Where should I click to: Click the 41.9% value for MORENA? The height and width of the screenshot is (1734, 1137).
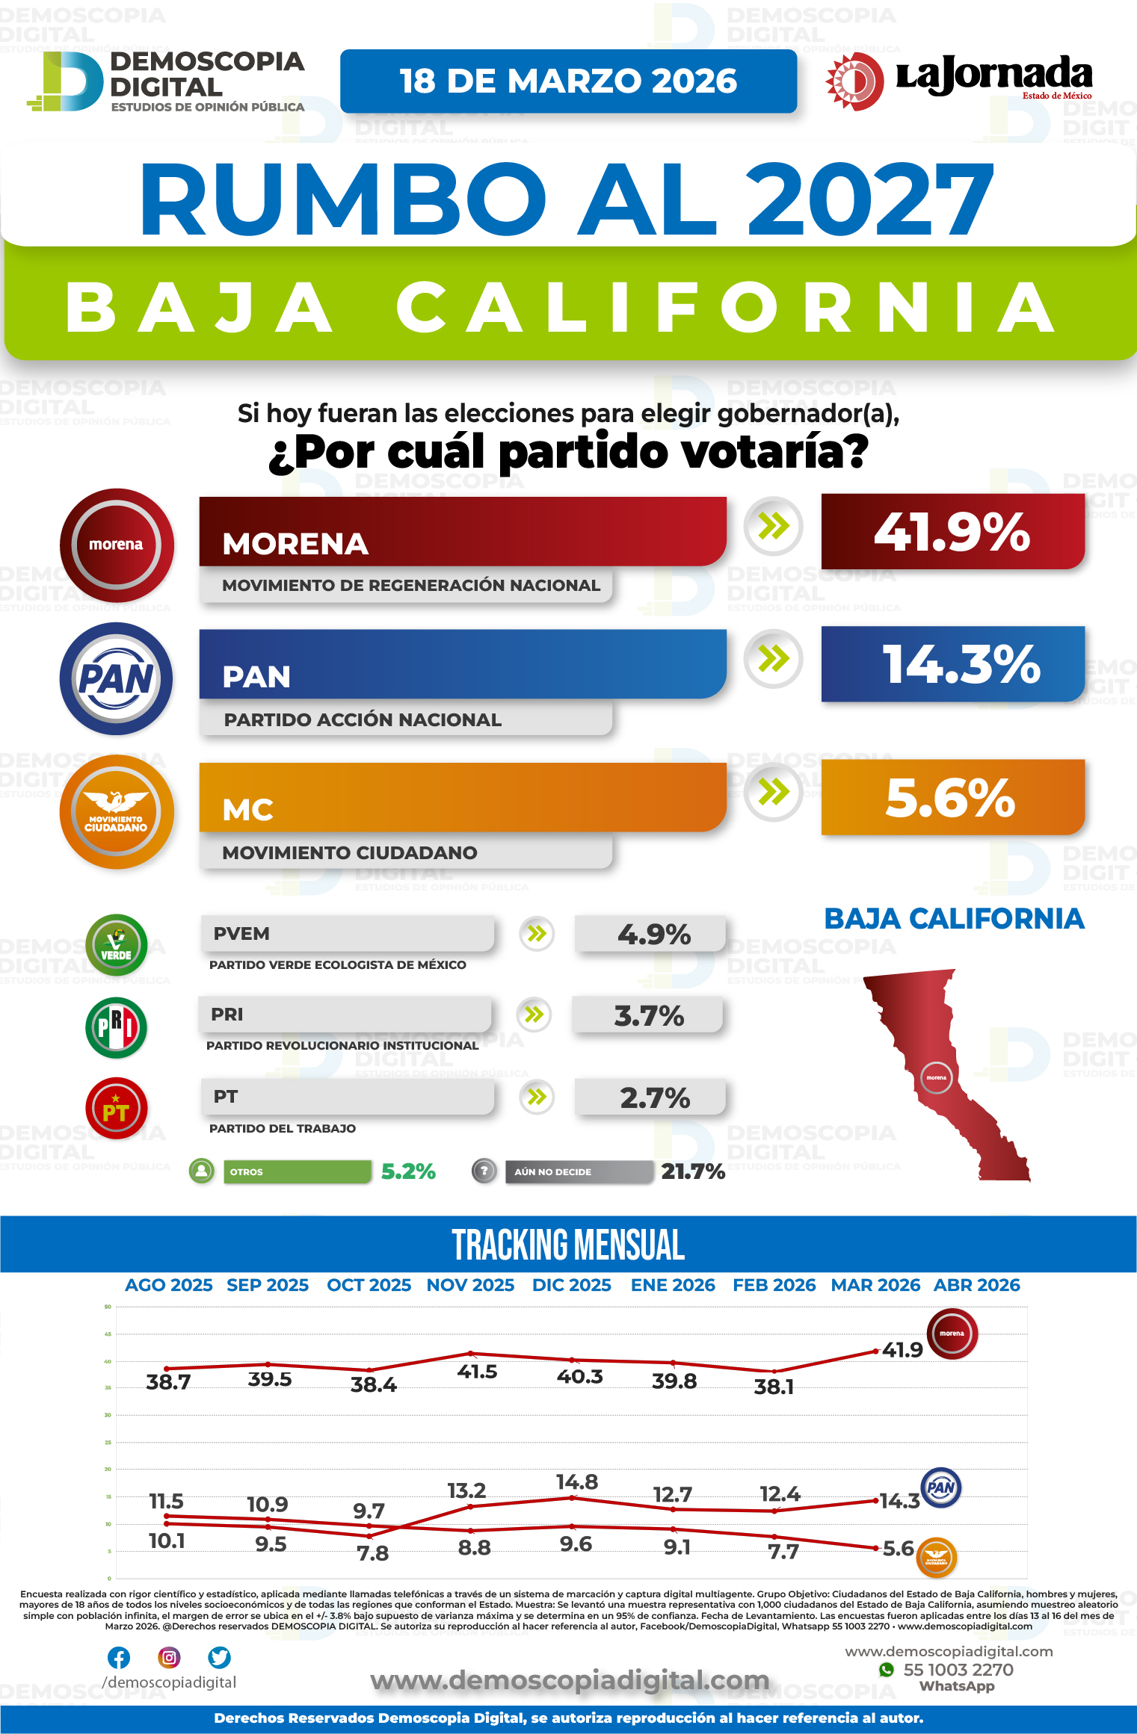[952, 532]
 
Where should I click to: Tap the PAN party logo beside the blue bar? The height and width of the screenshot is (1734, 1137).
[117, 679]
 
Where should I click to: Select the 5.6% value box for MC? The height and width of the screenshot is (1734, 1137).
[952, 797]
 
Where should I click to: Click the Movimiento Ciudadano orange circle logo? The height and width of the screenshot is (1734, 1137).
[117, 812]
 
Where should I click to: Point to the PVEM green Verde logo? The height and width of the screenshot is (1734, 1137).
[116, 944]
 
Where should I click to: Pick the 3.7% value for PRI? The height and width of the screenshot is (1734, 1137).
[648, 1016]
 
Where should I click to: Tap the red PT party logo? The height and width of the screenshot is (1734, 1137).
[116, 1109]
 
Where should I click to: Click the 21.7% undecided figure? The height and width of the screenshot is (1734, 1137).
[692, 1171]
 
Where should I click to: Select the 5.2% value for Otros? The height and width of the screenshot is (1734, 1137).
[408, 1171]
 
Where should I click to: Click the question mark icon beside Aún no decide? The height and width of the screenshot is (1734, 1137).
[484, 1171]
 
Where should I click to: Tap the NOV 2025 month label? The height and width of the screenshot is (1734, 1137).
[470, 1285]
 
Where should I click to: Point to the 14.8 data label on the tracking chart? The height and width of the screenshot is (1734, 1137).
[576, 1482]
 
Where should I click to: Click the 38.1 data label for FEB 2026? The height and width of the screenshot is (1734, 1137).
[774, 1387]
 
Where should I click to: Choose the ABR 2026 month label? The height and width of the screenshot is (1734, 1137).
[976, 1285]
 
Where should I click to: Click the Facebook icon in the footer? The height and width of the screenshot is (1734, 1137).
[119, 1658]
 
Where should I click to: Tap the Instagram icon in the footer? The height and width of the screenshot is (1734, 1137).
[170, 1658]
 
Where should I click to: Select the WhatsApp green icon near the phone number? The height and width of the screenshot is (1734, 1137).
[887, 1670]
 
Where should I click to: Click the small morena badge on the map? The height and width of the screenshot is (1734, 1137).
[936, 1077]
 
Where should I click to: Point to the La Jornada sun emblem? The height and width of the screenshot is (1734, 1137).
[854, 81]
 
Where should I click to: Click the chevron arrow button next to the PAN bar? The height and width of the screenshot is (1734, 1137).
[774, 659]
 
